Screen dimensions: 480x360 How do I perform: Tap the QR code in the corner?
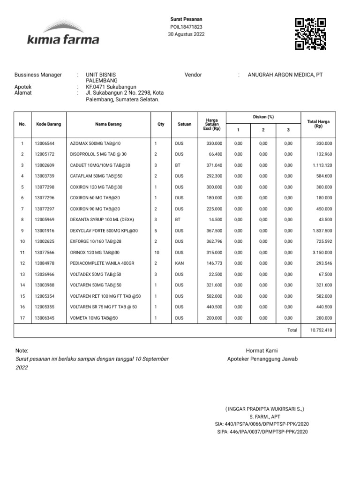pyautogui.click(x=310, y=34)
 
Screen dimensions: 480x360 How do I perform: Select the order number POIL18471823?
pyautogui.click(x=186, y=27)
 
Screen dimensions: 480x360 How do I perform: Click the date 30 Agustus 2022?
pyautogui.click(x=186, y=34)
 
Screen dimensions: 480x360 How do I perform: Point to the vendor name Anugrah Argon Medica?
pyautogui.click(x=285, y=75)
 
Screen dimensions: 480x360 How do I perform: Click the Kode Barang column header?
pyautogui.click(x=49, y=124)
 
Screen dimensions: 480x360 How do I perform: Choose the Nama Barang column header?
pyautogui.click(x=108, y=124)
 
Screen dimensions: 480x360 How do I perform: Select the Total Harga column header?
pyautogui.click(x=318, y=124)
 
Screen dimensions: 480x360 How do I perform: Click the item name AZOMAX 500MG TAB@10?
pyautogui.click(x=95, y=143)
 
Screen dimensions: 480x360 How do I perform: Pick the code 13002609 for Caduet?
pyautogui.click(x=45, y=165)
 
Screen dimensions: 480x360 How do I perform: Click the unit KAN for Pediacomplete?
pyautogui.click(x=180, y=263)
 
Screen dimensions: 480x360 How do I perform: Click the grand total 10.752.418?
pyautogui.click(x=321, y=330)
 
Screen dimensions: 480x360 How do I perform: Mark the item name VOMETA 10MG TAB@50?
pyautogui.click(x=94, y=318)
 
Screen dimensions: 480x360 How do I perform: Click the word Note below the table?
pyautogui.click(x=22, y=351)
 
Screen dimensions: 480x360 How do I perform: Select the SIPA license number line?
pyautogui.click(x=262, y=431)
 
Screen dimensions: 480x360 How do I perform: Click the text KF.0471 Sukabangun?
pyautogui.click(x=111, y=87)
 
